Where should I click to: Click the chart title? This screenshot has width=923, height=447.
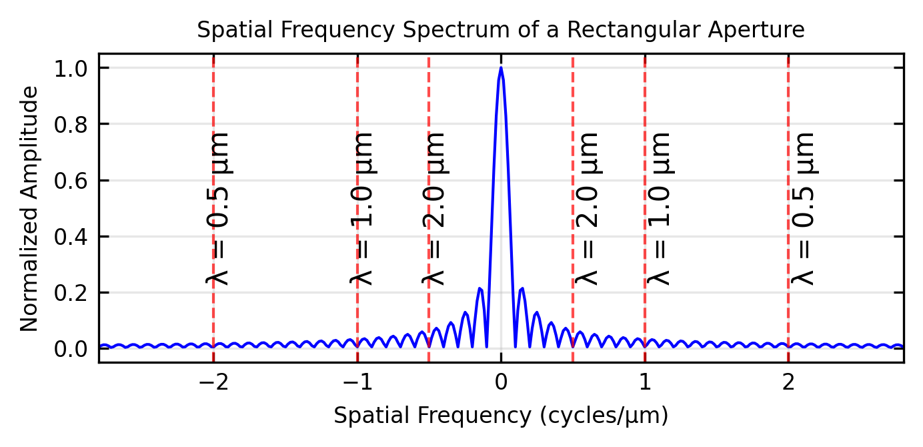click(501, 30)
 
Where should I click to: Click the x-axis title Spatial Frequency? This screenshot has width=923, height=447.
click(501, 416)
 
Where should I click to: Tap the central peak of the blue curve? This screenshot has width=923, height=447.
click(501, 68)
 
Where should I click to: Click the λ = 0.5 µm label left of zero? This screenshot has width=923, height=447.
click(219, 208)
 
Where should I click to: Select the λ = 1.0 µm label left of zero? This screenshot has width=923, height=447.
click(362, 208)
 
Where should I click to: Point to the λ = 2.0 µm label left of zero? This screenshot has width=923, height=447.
click(434, 208)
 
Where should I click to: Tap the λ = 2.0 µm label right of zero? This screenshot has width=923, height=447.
click(588, 208)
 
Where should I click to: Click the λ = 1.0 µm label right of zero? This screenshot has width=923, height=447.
click(659, 208)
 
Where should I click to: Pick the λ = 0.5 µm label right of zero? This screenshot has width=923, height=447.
click(803, 208)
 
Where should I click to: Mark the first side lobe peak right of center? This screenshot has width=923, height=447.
click(522, 288)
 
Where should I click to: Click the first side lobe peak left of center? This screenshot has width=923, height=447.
click(480, 288)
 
